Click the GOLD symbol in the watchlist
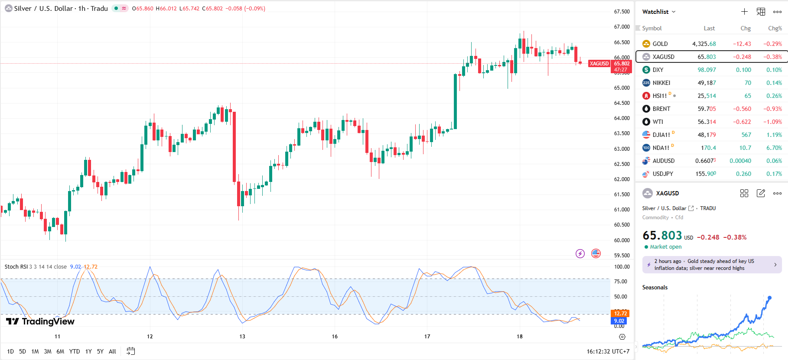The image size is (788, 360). click(660, 44)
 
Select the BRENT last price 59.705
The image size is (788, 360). click(707, 109)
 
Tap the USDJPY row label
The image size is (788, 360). click(663, 174)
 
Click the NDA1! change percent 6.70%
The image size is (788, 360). click(774, 148)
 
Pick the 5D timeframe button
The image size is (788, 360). click(23, 351)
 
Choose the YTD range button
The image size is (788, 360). click(75, 351)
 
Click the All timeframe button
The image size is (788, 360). click(112, 351)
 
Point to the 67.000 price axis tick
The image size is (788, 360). click(622, 27)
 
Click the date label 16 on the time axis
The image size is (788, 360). click(335, 337)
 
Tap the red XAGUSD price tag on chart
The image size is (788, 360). click(599, 64)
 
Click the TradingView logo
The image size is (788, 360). click(40, 321)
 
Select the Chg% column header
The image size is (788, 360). click(775, 29)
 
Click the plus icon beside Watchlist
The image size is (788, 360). click(744, 12)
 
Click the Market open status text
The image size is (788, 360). click(665, 247)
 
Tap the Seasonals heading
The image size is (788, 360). click(654, 287)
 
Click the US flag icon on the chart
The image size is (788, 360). click(596, 253)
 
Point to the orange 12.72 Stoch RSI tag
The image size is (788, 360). click(620, 313)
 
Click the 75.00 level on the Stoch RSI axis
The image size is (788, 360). click(621, 282)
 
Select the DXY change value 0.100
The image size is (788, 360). click(743, 70)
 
